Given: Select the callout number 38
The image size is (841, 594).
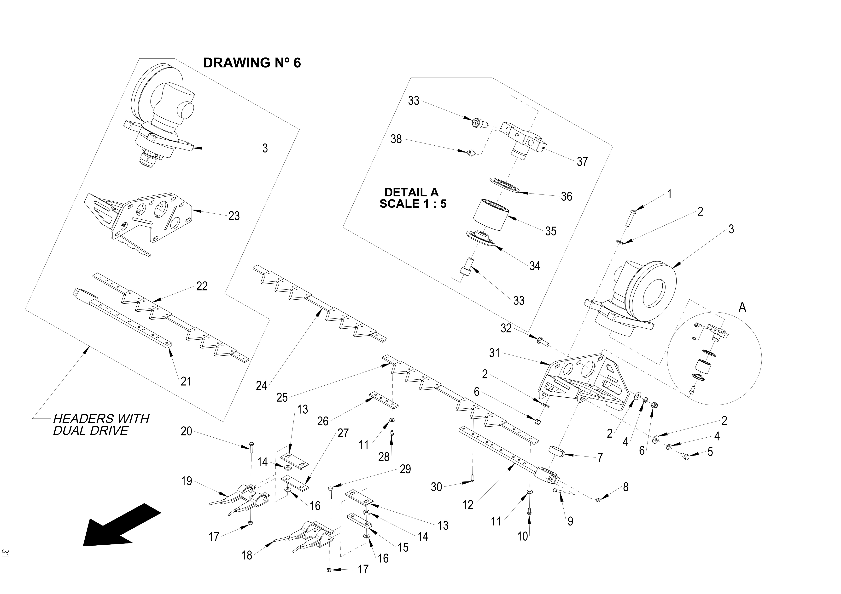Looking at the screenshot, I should coord(396,139).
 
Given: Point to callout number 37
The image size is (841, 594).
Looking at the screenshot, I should coord(582,161).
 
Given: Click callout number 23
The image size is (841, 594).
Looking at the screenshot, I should coord(234,216).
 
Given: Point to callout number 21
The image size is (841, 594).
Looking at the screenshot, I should coord(186,381).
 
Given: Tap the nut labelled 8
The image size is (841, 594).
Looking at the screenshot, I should coord(598,500).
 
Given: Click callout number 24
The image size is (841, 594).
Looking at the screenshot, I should coord(261,385).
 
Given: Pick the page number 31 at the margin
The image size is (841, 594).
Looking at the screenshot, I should coord(5,553).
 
